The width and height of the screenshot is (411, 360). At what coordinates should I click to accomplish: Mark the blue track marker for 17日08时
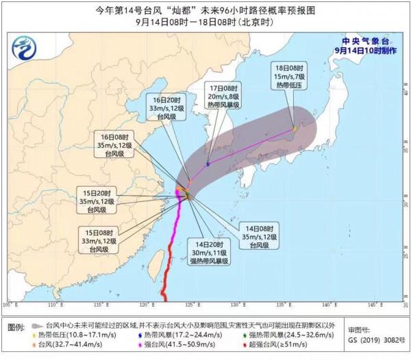tap(208, 164)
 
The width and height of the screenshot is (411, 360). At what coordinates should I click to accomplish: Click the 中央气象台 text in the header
tap(366, 40)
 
